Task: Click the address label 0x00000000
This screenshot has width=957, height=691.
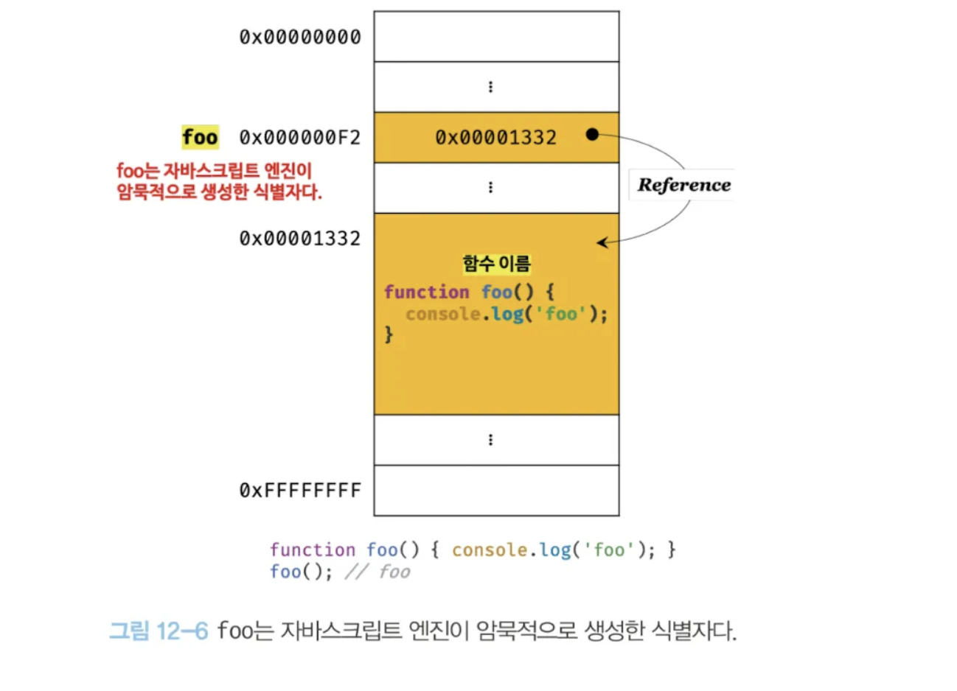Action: [x=300, y=37]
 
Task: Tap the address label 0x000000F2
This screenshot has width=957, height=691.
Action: [x=300, y=138]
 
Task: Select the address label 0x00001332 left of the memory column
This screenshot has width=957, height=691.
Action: [x=300, y=239]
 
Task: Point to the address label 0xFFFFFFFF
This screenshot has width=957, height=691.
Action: [x=300, y=491]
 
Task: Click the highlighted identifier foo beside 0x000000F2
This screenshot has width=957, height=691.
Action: [x=200, y=137]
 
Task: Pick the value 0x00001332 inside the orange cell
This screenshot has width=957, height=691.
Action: [x=495, y=138]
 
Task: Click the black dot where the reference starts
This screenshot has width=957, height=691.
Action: [x=592, y=134]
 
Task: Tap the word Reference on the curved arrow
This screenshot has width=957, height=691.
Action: [x=683, y=185]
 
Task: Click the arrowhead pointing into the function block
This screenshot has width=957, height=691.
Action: [x=602, y=242]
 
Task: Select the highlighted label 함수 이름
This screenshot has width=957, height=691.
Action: [x=496, y=264]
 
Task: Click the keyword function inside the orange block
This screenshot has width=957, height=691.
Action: [x=426, y=292]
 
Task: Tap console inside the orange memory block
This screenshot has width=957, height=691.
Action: [x=442, y=315]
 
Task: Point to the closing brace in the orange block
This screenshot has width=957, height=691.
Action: [x=389, y=335]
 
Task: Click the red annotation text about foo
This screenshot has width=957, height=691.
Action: [x=218, y=181]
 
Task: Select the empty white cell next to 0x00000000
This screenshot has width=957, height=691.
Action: [x=496, y=37]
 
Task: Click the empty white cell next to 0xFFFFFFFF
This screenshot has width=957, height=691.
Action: [x=496, y=491]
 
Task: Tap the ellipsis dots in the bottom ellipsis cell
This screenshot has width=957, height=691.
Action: [x=490, y=440]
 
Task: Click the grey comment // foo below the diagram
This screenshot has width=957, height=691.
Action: [x=377, y=572]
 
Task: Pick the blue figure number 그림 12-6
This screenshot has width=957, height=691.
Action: [x=159, y=631]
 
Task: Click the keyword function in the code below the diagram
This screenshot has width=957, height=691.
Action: [x=313, y=550]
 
